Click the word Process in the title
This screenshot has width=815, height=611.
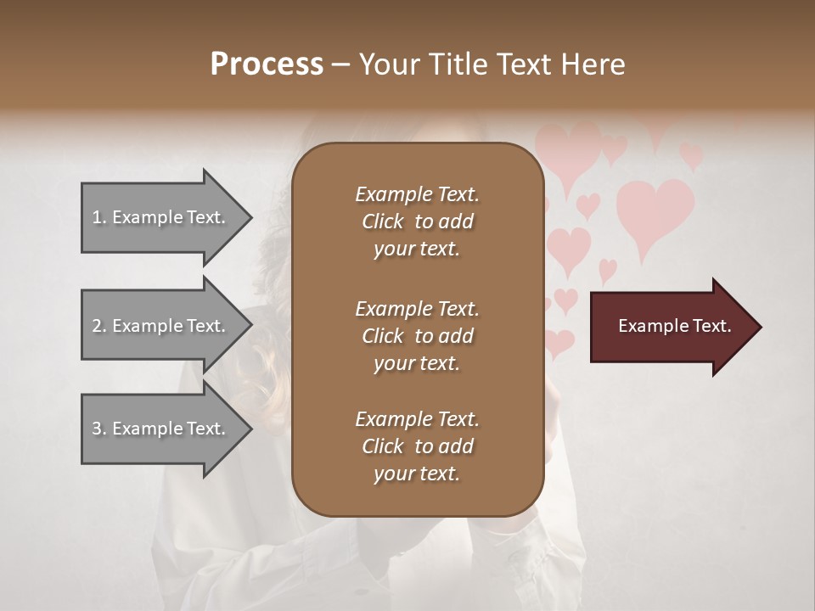[x=267, y=64]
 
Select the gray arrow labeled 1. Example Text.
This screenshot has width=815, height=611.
[x=161, y=217]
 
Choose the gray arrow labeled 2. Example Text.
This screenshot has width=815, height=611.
[x=161, y=326]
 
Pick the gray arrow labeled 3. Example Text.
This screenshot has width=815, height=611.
[x=161, y=429]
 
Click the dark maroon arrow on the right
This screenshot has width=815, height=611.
[x=671, y=327]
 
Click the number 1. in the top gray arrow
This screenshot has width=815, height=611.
[x=99, y=217]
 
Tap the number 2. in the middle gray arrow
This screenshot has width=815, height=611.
[x=99, y=326]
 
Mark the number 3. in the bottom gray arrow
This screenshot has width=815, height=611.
[x=99, y=429]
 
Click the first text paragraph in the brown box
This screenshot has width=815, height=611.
[x=417, y=221]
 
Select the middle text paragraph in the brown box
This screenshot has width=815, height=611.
[x=417, y=336]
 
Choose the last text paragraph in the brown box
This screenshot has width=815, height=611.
[x=417, y=446]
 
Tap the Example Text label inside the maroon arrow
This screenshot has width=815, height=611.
[x=674, y=326]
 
